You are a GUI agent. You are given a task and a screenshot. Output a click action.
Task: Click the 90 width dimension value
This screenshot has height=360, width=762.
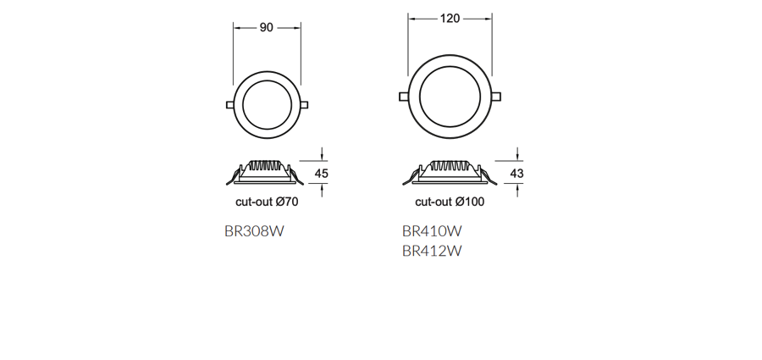pyautogui.click(x=266, y=28)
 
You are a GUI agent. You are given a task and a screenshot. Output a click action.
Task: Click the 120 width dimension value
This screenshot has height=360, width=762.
pyautogui.click(x=450, y=19)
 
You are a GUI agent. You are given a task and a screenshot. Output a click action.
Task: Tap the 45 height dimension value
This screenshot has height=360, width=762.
pyautogui.click(x=321, y=174)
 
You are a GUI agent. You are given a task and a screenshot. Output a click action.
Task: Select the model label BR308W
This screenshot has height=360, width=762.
pyautogui.click(x=254, y=230)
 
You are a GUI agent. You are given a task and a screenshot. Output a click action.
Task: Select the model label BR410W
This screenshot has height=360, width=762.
pyautogui.click(x=432, y=230)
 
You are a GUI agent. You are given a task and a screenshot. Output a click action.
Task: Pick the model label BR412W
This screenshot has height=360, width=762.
pyautogui.click(x=432, y=250)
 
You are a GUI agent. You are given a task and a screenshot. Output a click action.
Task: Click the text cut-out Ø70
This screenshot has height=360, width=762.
pyautogui.click(x=267, y=202)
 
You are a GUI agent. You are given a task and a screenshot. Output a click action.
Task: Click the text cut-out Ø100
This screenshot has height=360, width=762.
pyautogui.click(x=450, y=202)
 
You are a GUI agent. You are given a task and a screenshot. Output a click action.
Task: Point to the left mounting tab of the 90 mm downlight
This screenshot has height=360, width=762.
pyautogui.click(x=229, y=105)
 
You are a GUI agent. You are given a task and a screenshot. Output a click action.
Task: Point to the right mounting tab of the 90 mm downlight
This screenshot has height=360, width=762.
pyautogui.click(x=304, y=105)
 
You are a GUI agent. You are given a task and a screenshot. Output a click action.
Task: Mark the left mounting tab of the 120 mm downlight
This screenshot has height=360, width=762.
pyautogui.click(x=403, y=96)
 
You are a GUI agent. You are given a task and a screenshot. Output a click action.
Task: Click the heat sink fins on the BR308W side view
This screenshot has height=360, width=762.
pyautogui.click(x=266, y=164)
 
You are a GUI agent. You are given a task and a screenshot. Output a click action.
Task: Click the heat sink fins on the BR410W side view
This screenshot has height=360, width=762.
pyautogui.click(x=450, y=165)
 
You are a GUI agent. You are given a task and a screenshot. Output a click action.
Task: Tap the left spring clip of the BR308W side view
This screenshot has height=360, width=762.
pyautogui.click(x=233, y=177)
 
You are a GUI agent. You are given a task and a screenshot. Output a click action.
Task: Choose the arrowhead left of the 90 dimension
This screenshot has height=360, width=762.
pyautogui.click(x=236, y=28)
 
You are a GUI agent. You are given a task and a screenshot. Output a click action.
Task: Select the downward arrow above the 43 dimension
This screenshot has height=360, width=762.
pyautogui.click(x=518, y=155)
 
